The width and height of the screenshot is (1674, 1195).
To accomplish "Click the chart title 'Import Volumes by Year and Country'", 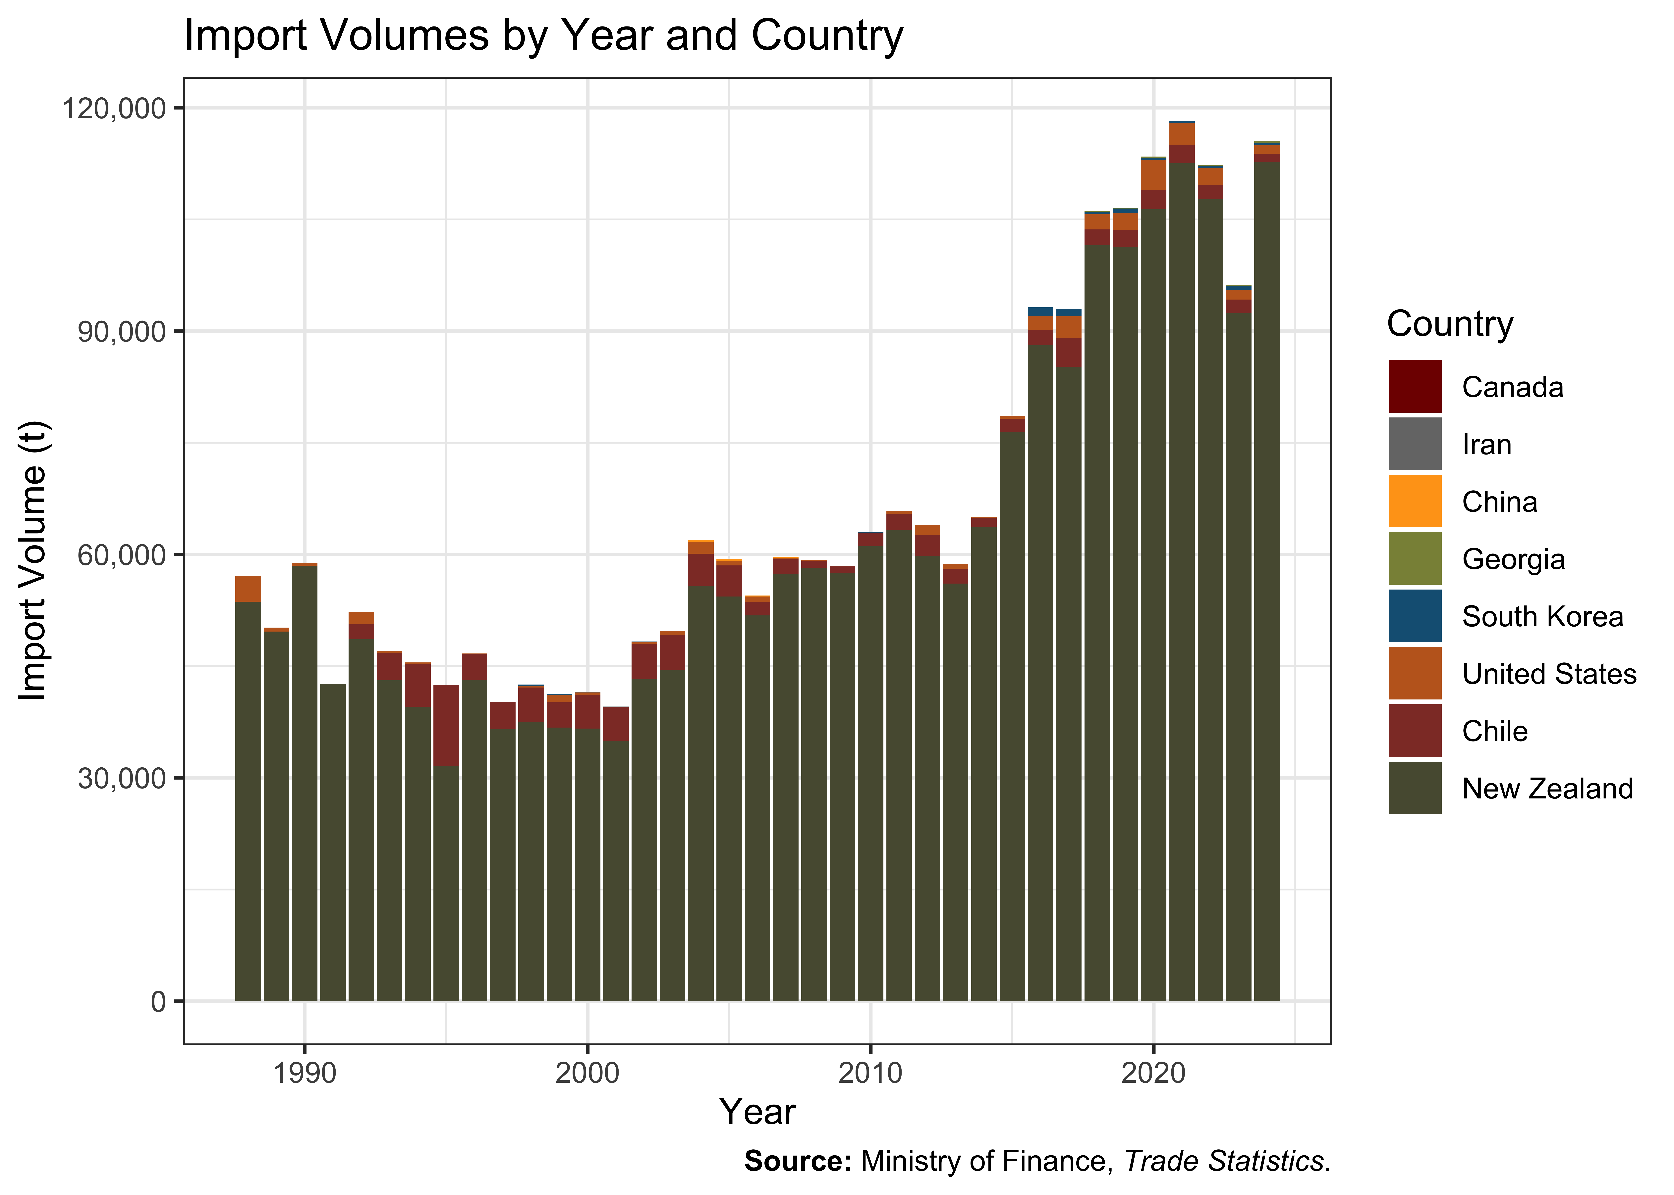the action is (x=543, y=35).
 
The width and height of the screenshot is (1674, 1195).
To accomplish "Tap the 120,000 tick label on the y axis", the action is (x=114, y=108).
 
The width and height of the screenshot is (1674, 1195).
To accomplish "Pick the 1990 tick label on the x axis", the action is (x=305, y=1074).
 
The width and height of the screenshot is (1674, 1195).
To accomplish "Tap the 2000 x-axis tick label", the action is (x=587, y=1074).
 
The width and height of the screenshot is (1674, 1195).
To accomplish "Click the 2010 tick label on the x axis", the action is (x=870, y=1074).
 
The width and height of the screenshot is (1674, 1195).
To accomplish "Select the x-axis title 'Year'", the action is (x=757, y=1112).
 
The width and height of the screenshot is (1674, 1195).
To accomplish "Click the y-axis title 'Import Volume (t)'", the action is (x=33, y=561).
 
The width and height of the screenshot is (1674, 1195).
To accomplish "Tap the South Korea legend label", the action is (x=1542, y=617).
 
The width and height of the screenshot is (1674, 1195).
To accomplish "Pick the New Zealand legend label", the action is (x=1547, y=789).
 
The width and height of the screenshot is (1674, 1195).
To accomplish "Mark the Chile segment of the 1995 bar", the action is (x=446, y=726).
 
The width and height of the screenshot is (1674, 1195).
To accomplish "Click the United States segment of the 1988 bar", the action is (x=248, y=589).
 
